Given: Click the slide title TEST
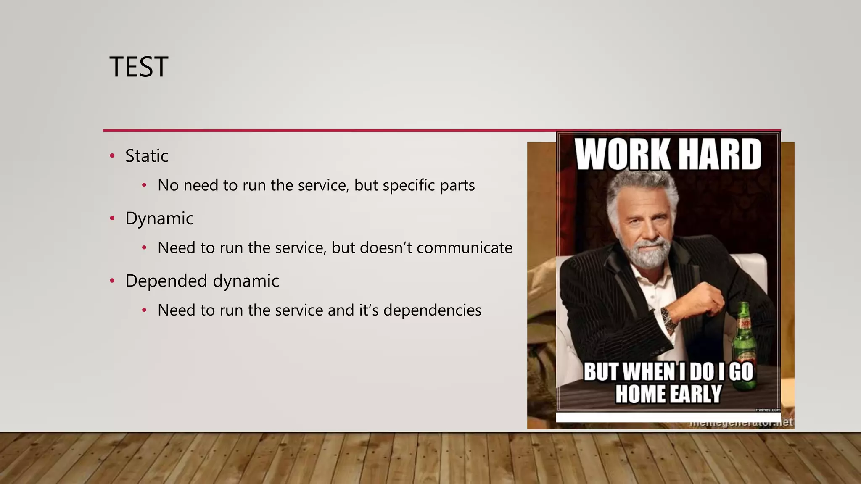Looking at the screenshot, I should [139, 67].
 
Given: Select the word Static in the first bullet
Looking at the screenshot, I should [147, 156].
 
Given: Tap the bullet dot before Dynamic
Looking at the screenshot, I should [112, 218].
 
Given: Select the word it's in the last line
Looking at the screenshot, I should [368, 310].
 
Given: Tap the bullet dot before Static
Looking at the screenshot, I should [112, 156].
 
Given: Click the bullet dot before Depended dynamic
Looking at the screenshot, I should [112, 281].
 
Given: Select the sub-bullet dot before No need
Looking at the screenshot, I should [144, 185].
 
